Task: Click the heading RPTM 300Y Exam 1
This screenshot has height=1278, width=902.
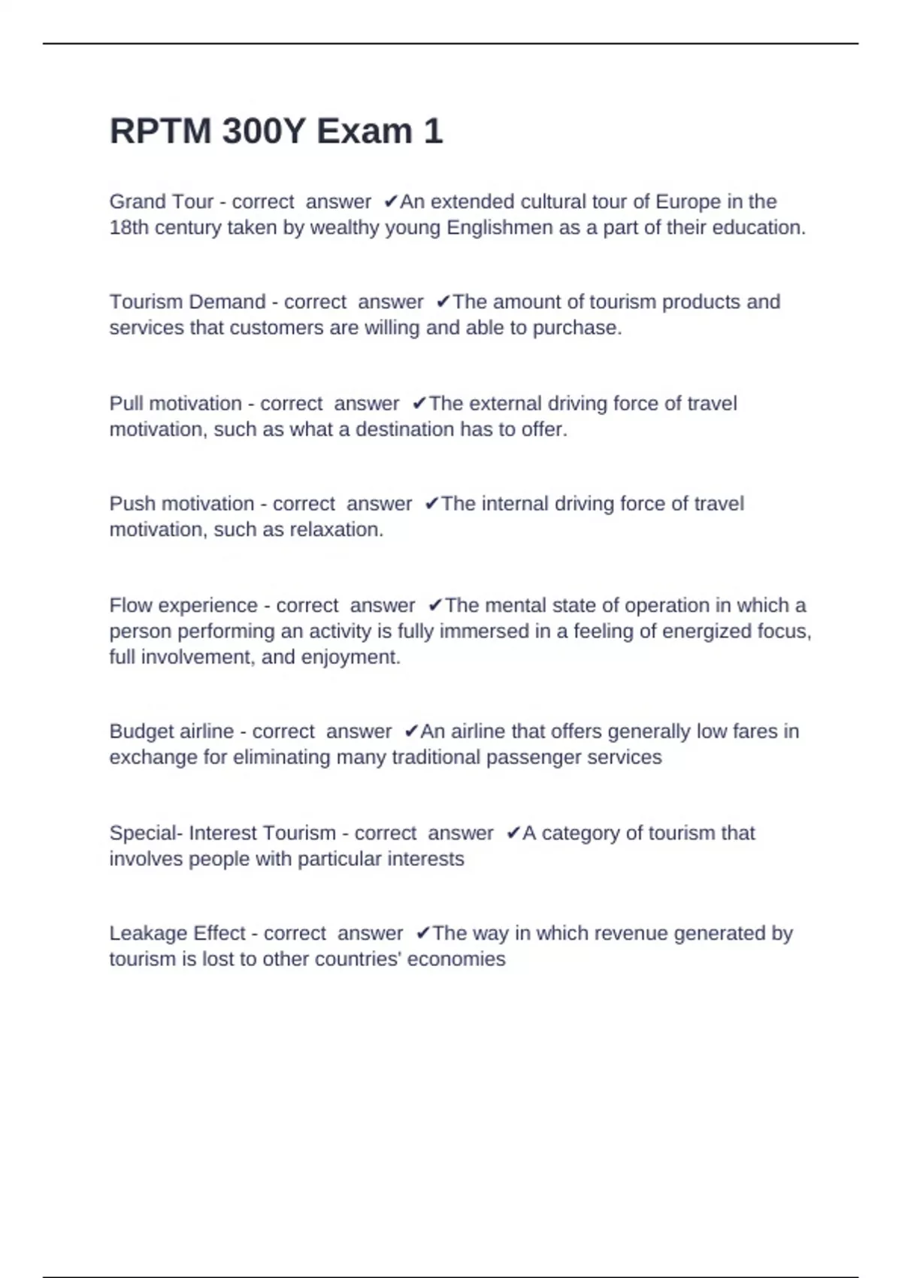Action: point(276,132)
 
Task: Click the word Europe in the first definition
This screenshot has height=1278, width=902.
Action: point(688,201)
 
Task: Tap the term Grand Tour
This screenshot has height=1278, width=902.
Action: point(162,201)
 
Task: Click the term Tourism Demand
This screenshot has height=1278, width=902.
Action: point(187,301)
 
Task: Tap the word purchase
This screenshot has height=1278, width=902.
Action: point(577,329)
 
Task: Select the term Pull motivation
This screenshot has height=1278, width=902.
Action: point(175,404)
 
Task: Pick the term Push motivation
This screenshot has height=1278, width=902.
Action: point(182,504)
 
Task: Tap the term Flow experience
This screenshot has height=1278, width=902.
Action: point(183,605)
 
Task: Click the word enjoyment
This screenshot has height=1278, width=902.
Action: point(350,658)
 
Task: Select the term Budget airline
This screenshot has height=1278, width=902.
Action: point(171,731)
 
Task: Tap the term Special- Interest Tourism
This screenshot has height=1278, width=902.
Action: point(222,833)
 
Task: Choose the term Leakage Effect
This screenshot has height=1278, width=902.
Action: point(177,933)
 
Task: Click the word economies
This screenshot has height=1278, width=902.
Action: point(457,959)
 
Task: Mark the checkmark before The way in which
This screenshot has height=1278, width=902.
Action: point(422,933)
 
